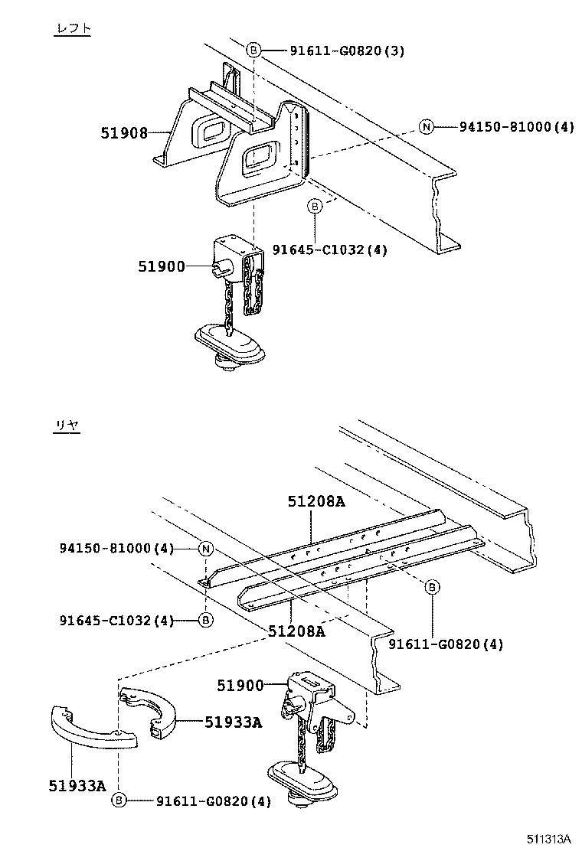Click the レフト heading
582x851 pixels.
[73, 28]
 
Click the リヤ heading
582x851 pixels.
[67, 426]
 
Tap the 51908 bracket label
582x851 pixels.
[124, 132]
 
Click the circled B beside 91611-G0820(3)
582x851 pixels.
[254, 51]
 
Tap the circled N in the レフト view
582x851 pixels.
[426, 126]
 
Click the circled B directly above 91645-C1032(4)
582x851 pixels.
[314, 207]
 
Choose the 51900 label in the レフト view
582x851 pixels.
[162, 266]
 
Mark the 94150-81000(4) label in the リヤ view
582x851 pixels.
[117, 549]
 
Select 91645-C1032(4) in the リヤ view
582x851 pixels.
[117, 620]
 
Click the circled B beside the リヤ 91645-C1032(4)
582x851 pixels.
[205, 620]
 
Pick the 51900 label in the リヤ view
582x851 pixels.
[240, 686]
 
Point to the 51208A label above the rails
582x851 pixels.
[316, 502]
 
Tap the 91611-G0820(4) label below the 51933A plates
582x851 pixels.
[214, 801]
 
